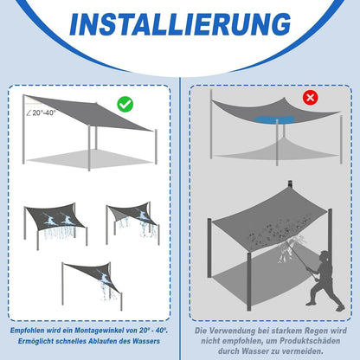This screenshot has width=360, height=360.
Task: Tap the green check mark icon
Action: (125, 104)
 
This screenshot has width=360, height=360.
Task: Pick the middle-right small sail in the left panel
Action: (131, 220)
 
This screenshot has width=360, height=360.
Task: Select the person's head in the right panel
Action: (324, 258)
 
